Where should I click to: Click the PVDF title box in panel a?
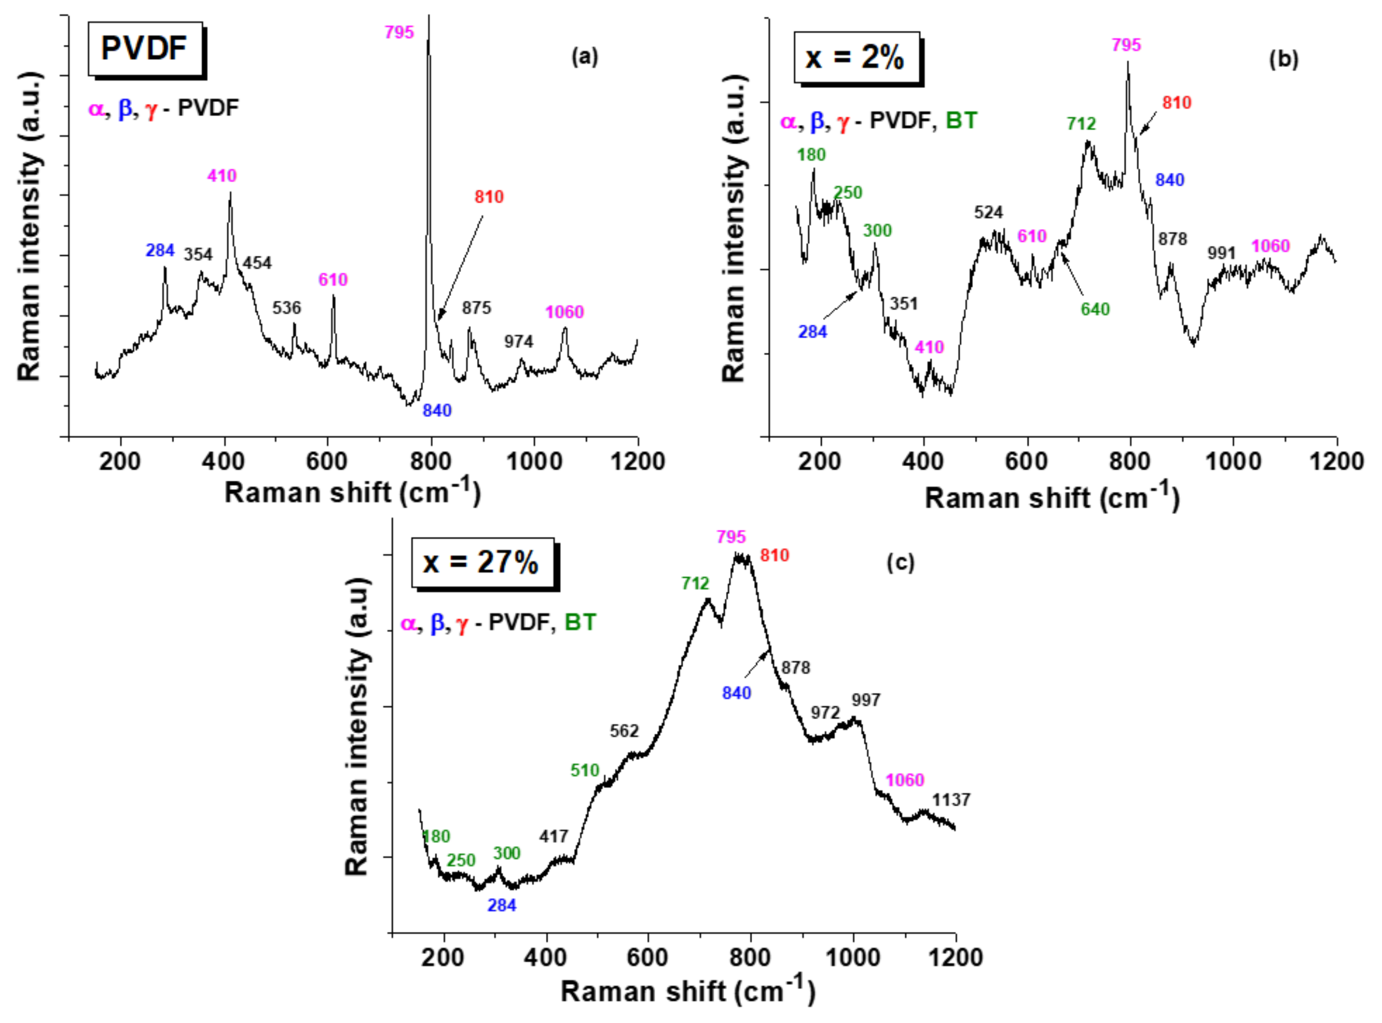click(x=145, y=49)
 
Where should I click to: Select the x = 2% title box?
click(x=856, y=58)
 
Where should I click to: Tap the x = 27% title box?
click(x=482, y=562)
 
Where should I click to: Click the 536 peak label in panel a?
click(x=287, y=308)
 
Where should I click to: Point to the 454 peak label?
click(x=257, y=263)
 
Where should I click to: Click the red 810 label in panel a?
click(x=489, y=197)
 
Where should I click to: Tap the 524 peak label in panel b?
click(x=988, y=212)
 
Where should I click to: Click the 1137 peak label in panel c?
click(x=951, y=800)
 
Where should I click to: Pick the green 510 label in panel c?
click(x=584, y=770)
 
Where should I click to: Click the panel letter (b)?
click(x=1283, y=59)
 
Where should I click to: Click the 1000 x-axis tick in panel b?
click(x=1233, y=462)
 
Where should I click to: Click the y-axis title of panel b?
click(x=734, y=229)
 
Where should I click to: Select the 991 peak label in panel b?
click(x=1221, y=253)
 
